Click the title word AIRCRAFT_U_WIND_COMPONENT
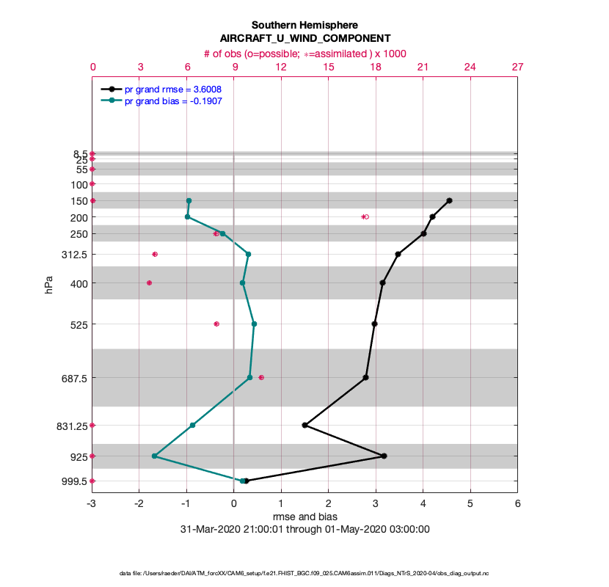304,38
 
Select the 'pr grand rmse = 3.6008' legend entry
173,89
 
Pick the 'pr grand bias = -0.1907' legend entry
173,101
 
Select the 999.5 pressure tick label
74,481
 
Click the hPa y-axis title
49,285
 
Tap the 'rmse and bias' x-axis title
304,517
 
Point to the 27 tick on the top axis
517,67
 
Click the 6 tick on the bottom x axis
517,504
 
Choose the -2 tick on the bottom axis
139,504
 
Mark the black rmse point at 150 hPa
449,200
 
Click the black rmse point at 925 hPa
384,456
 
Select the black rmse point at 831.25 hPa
304,426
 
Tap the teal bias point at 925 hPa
154,456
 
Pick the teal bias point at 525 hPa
254,324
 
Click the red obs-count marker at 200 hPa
365,217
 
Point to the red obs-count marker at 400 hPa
150,282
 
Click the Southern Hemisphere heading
304,25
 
